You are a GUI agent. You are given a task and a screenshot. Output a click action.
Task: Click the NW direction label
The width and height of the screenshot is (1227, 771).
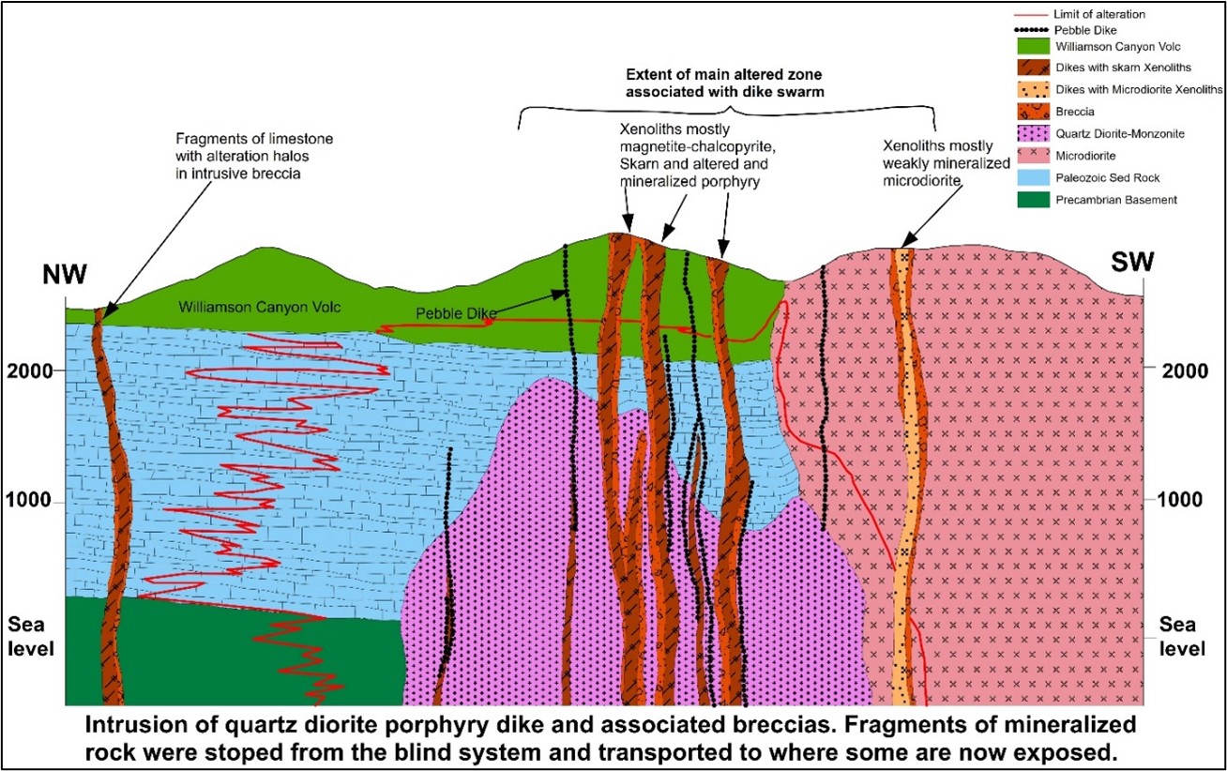click(x=65, y=274)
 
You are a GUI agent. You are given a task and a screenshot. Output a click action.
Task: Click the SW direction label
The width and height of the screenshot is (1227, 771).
click(x=1132, y=263)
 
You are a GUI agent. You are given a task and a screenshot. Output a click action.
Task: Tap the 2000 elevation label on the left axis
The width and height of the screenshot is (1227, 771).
click(x=30, y=371)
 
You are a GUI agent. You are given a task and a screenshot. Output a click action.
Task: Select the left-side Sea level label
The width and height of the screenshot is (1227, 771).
click(x=31, y=637)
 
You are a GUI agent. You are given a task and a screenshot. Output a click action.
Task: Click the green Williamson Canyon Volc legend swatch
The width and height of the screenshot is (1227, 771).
click(x=1033, y=46)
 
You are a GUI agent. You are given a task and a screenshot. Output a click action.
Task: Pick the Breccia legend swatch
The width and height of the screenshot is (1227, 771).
click(x=1033, y=112)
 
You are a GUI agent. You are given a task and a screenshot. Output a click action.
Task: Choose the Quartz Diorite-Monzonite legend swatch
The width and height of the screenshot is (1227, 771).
click(x=1033, y=133)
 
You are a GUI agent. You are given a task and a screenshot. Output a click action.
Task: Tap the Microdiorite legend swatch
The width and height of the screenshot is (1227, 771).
click(x=1033, y=156)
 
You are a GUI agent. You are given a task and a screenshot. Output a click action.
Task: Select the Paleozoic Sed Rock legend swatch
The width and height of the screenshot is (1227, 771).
click(x=1033, y=177)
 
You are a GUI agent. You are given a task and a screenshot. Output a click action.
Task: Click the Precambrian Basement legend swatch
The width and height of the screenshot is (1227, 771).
click(x=1033, y=200)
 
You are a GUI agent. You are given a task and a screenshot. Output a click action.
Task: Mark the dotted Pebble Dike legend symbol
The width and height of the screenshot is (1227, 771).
click(x=1032, y=30)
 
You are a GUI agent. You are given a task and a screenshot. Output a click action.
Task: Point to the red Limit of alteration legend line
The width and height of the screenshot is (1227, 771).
click(x=1032, y=15)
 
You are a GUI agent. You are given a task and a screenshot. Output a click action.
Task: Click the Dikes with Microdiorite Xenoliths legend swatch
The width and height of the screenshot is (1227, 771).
click(x=1033, y=90)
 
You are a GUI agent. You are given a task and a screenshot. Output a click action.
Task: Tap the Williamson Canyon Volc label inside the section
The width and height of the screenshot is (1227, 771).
click(x=259, y=308)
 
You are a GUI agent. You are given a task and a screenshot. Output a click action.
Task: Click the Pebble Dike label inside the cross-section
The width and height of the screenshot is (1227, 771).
click(x=456, y=313)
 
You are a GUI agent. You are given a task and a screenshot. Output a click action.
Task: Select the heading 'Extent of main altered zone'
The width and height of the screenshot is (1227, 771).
click(x=724, y=74)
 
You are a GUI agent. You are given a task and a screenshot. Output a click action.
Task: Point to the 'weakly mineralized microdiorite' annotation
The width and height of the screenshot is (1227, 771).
click(x=946, y=172)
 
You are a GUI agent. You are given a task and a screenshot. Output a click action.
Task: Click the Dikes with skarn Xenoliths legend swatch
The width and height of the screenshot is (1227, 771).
click(x=1033, y=68)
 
